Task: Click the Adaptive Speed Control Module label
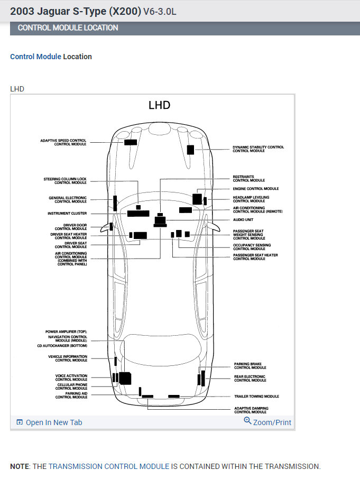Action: (63, 142)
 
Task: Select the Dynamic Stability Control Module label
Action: (258, 149)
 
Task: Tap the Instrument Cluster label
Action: (67, 214)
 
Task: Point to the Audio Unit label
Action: (243, 219)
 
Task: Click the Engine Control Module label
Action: (255, 189)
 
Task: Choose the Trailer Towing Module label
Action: (256, 397)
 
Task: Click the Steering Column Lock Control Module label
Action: (65, 181)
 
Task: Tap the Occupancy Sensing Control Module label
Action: (252, 247)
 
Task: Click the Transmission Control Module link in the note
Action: (109, 466)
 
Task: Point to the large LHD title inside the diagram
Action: (159, 105)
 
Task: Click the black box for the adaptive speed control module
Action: (131, 142)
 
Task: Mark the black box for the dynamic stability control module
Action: (190, 150)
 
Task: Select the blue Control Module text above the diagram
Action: (35, 57)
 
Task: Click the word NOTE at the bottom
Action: (20, 466)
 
